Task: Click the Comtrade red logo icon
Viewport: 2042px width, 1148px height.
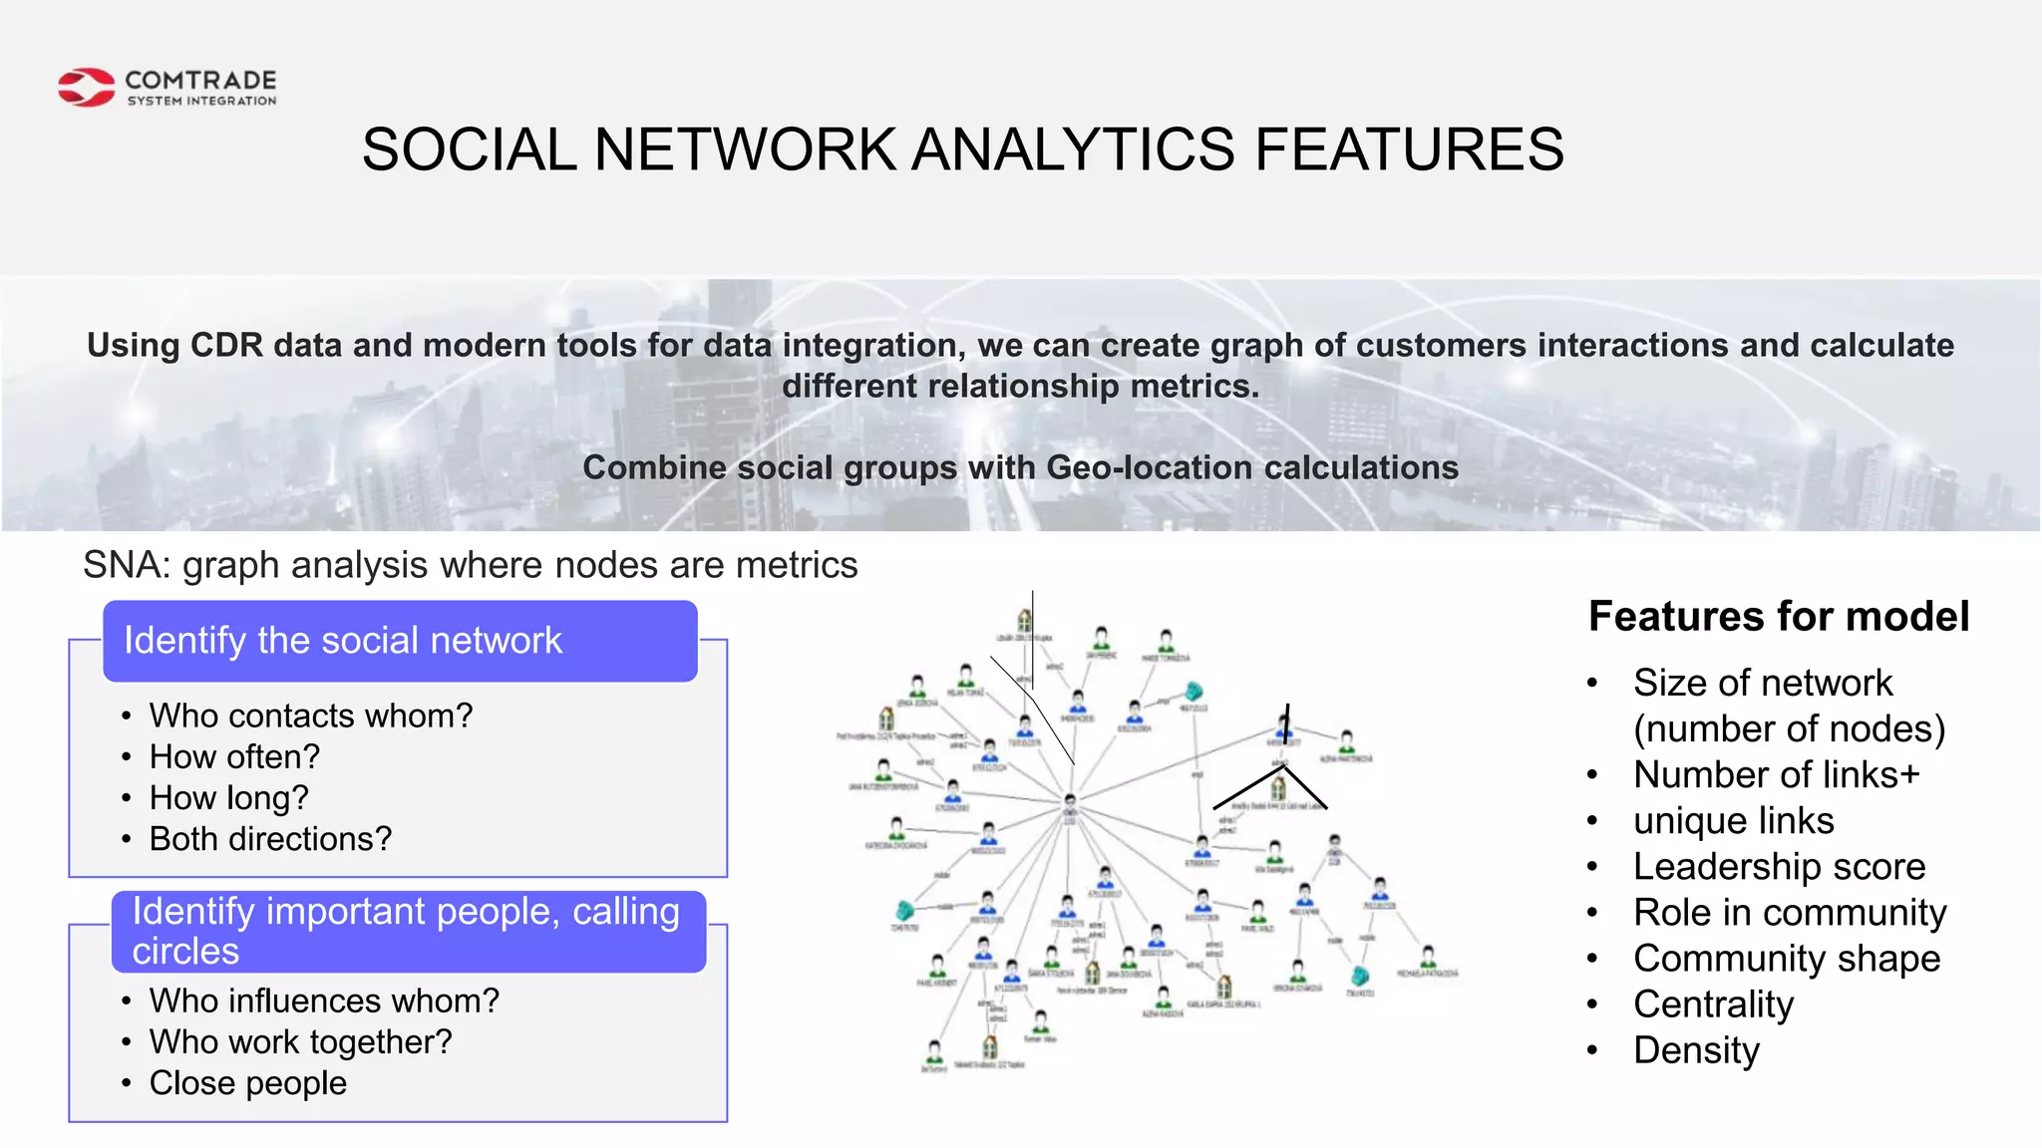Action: [x=87, y=88]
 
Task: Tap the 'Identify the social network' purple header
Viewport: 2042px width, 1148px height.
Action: [x=400, y=641]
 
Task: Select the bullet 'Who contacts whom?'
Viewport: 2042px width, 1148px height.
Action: [x=310, y=716]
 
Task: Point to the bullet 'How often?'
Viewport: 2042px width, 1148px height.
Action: [x=234, y=757]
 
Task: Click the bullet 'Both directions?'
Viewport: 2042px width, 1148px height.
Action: [x=270, y=839]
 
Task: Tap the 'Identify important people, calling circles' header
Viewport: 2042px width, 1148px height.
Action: [x=408, y=931]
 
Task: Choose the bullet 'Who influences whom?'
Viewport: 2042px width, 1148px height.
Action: [x=324, y=1001]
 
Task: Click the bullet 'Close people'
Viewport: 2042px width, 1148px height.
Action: [x=248, y=1083]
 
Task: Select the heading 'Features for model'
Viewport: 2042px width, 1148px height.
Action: [x=1778, y=617]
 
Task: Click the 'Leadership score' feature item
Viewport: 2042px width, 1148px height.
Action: [x=1779, y=867]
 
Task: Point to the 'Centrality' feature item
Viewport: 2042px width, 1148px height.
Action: [x=1713, y=1004]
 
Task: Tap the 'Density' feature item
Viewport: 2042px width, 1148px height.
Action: [x=1696, y=1050]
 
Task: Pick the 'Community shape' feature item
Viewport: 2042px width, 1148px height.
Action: [x=1787, y=959]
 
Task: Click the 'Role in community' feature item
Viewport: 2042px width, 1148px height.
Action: [x=1790, y=913]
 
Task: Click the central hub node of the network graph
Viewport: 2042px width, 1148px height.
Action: [x=1070, y=800]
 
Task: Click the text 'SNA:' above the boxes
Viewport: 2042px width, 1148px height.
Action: [x=127, y=565]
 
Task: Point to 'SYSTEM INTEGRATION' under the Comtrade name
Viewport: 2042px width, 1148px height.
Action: [x=201, y=101]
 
